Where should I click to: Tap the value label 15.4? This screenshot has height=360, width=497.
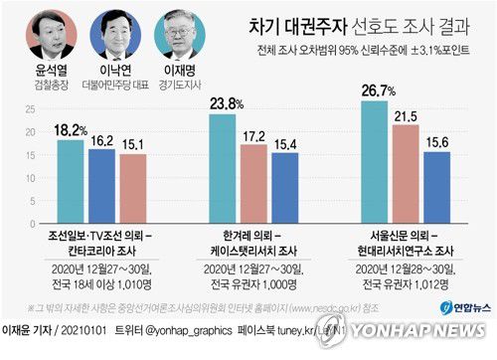285,144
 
